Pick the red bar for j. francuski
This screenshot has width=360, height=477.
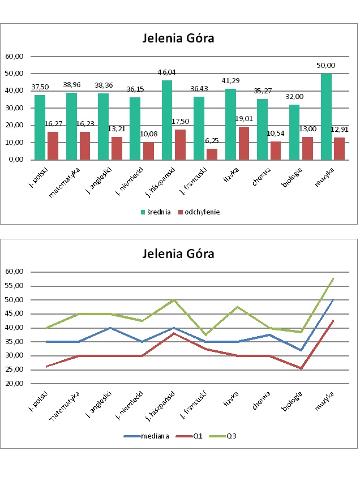pyautogui.click(x=212, y=154)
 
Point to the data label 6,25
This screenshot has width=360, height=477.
pyautogui.click(x=212, y=141)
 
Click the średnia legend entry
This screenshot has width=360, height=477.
pyautogui.click(x=156, y=212)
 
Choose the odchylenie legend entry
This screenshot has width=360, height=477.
pyautogui.click(x=198, y=212)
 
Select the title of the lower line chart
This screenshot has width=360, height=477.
pyautogui.click(x=178, y=253)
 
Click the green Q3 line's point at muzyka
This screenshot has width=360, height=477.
pyautogui.click(x=332, y=278)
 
